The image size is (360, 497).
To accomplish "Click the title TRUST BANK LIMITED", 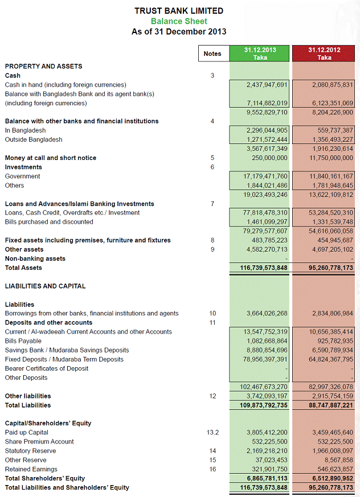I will coord(179,11).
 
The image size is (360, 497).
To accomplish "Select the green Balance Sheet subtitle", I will coord(179,21).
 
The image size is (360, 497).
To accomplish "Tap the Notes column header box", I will coord(212,54).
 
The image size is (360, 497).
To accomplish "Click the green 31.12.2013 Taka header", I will coord(260,54).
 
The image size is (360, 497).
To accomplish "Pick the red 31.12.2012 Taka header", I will coord(324,54).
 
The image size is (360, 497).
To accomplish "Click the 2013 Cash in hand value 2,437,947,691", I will coord(267,85).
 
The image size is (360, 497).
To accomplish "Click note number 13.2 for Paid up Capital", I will coord(212,433).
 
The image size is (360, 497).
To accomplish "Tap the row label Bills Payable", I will coord(23,341).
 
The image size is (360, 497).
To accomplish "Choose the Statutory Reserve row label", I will coord(31,451).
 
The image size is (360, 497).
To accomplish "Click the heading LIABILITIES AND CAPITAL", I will coord(45,286).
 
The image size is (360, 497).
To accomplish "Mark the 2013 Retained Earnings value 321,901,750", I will coord(271,469).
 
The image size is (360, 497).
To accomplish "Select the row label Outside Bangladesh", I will coord(34,139).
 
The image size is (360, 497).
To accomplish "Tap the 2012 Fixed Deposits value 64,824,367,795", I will coord(325,359).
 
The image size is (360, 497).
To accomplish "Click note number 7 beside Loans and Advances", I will coord(212,204).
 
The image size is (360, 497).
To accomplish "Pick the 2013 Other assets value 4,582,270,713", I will coord(267,249).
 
